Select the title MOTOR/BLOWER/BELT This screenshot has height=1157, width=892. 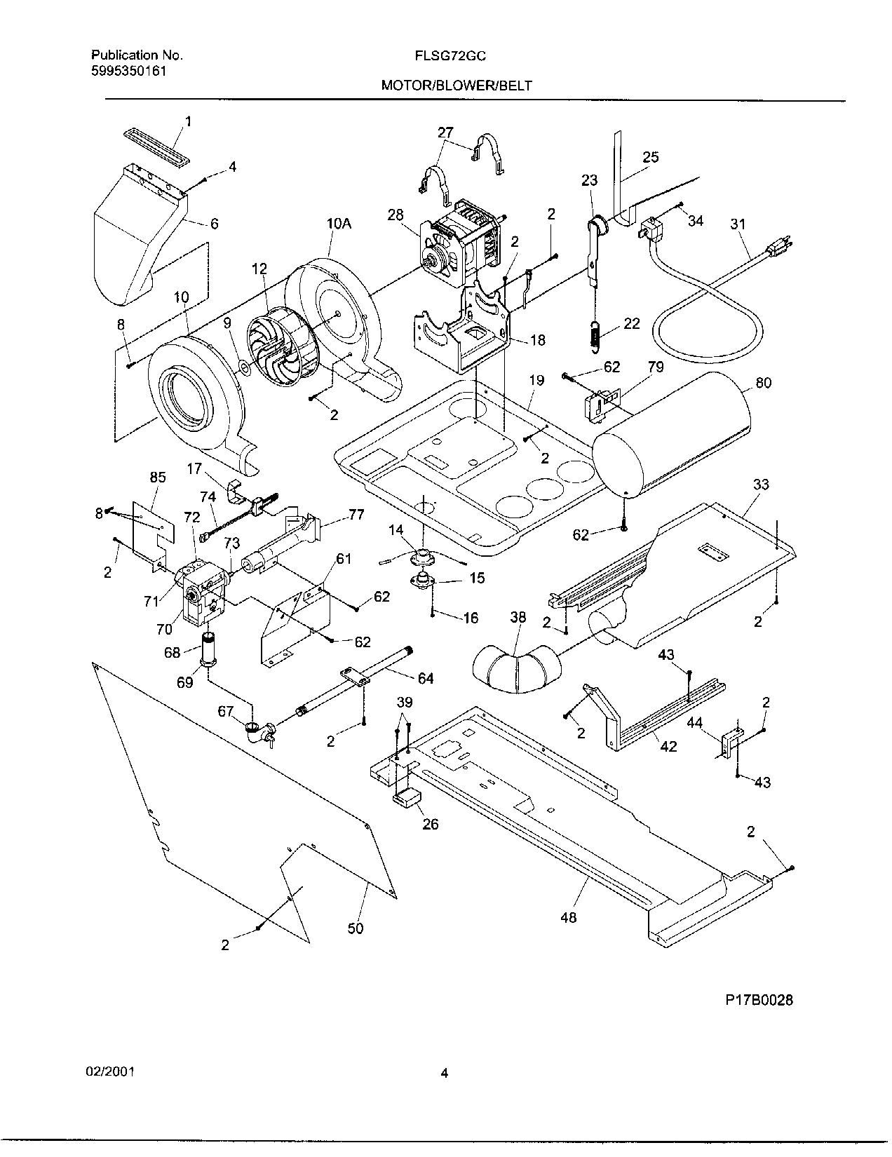[x=457, y=86]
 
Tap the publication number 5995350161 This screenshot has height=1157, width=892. [x=129, y=70]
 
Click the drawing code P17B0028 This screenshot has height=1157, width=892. [x=759, y=1001]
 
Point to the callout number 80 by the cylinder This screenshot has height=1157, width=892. [x=763, y=384]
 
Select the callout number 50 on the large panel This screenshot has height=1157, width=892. [x=356, y=928]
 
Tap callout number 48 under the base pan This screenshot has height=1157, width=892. [x=569, y=916]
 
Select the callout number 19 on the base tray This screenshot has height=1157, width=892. [x=536, y=381]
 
